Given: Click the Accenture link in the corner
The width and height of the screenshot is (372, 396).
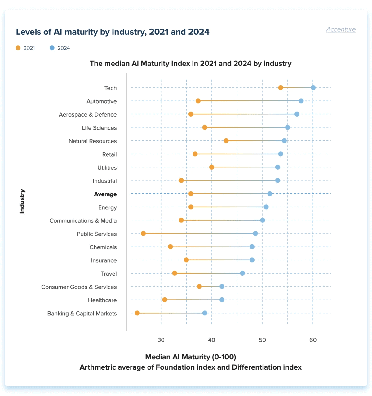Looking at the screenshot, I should coord(341,29).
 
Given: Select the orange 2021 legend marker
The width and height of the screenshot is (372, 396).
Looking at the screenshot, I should coord(18,48).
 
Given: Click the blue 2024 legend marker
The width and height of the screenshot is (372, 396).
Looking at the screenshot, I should coord(52,48).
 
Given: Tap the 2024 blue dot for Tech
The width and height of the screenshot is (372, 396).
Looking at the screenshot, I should coord(313,88).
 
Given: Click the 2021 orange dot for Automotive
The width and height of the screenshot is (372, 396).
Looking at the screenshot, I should coord(198,101).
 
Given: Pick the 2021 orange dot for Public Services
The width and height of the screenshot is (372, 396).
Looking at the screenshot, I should coord(143,234).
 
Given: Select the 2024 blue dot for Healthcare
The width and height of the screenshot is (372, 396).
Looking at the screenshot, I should coord(222,300).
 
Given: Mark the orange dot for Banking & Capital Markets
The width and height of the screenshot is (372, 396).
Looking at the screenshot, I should coord(137,313).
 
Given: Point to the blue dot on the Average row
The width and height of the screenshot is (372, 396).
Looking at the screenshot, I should coord(270,194).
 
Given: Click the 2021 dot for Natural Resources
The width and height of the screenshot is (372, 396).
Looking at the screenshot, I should coord(226,141).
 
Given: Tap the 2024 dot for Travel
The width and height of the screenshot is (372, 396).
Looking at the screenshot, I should coord(242,273).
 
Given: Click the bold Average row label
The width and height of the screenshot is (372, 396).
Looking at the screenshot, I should coord(105,194).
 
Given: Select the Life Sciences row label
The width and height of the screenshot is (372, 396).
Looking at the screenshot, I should coord(99,128).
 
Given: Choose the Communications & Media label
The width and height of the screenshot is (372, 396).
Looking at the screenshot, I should coord(83,220).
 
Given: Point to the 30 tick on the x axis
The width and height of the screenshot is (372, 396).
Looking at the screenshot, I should coord(161,340).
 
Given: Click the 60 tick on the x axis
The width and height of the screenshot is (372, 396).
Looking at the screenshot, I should coord(313,340).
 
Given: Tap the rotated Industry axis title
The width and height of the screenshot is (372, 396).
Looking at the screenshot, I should coord(22,201).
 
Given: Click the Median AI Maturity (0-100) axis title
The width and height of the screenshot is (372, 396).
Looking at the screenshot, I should coord(190,357).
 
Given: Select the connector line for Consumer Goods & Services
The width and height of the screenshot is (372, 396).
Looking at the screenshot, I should coord(210,287).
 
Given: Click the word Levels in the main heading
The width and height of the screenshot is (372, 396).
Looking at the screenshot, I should coord(28,32).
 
